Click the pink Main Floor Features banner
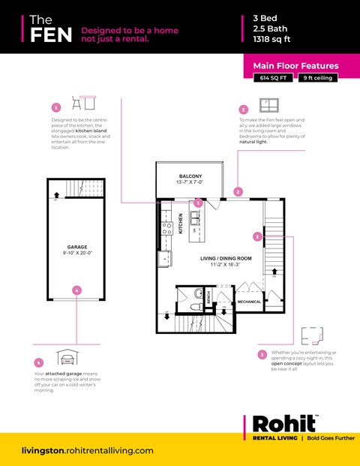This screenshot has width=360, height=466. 295,66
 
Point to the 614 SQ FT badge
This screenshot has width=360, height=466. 274,78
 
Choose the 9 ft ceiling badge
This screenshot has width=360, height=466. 318,78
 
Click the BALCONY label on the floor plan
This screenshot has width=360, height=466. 189,176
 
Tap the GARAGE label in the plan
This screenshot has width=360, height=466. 77,246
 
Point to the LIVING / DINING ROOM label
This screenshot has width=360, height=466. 226,259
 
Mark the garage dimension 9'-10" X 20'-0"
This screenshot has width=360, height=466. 77,253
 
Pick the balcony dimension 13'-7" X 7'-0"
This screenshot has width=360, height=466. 189,182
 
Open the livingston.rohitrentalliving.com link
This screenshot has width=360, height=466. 88,450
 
